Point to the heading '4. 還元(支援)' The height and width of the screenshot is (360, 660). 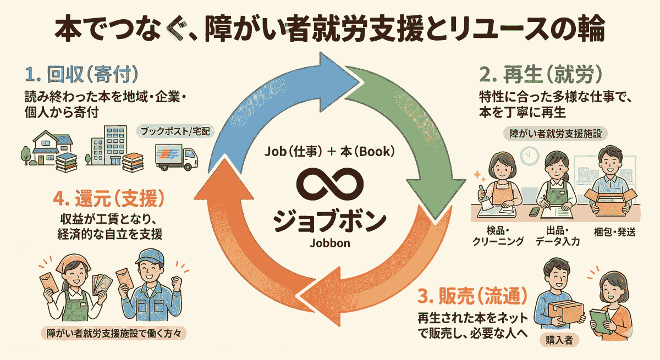point(113,197)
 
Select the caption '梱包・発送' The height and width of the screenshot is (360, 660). point(614,231)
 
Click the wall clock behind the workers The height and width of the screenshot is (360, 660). point(530,156)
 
